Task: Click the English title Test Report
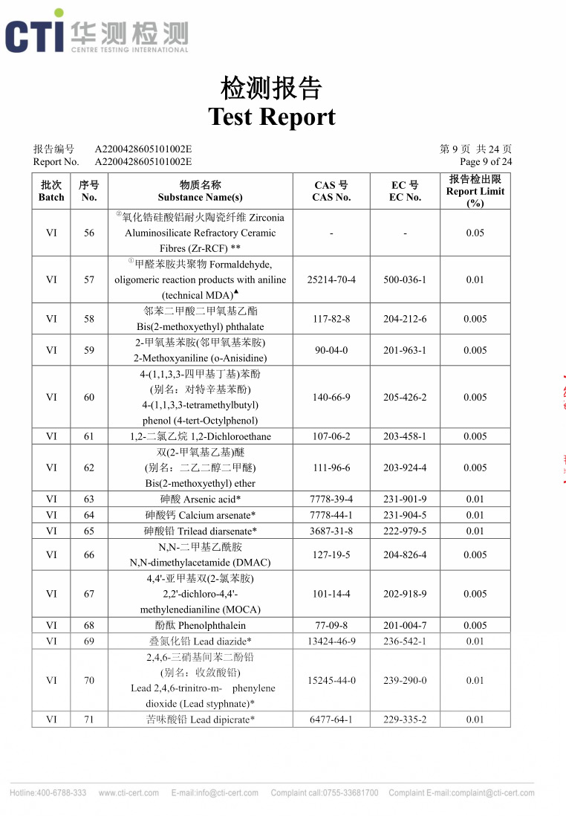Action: coord(272,117)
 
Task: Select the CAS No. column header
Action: coord(331,191)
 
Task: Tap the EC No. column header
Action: coord(405,191)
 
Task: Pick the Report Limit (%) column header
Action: coord(475,191)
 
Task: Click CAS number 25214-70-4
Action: coord(331,279)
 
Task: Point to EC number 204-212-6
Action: coord(405,319)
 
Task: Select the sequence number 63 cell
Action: coord(89,499)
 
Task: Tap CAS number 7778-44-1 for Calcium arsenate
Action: coord(331,515)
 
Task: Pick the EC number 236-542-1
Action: coord(405,641)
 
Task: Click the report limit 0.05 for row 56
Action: coord(475,233)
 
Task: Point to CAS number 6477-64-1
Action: coord(331,719)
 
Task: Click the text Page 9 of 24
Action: coord(486,161)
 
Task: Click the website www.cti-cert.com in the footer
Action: coord(129,793)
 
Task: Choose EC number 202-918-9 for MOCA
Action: coord(405,594)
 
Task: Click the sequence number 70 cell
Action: coord(89,680)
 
